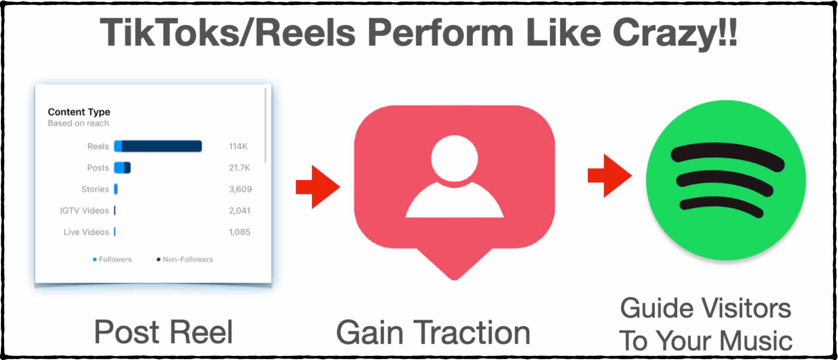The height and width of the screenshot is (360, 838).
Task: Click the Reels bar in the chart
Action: point(158,146)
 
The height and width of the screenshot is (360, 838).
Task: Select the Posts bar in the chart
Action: point(122,167)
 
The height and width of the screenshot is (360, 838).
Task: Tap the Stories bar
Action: point(116,189)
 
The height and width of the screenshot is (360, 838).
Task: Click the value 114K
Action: point(238,146)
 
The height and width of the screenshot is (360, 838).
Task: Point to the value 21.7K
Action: point(240,168)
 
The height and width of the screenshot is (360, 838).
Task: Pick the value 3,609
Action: point(241,189)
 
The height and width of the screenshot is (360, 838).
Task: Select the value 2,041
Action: point(240,211)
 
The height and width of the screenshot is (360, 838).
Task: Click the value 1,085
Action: point(240,232)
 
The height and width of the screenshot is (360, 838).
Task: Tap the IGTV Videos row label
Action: point(84,211)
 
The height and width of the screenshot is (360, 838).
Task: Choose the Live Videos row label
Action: point(86,232)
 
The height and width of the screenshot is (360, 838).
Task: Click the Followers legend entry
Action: point(112,259)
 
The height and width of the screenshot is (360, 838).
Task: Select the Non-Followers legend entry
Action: point(185,259)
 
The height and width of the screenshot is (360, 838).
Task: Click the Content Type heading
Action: point(79,112)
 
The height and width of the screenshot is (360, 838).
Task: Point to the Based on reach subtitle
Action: point(78,123)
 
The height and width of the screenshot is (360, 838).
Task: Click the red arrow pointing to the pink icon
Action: point(318,187)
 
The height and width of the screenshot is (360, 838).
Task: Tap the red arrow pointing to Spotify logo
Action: point(610,175)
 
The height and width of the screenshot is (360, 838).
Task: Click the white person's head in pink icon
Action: point(454,158)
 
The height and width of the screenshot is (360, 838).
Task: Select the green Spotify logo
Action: point(726,181)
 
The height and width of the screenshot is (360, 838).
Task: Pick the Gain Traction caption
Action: point(433,332)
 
